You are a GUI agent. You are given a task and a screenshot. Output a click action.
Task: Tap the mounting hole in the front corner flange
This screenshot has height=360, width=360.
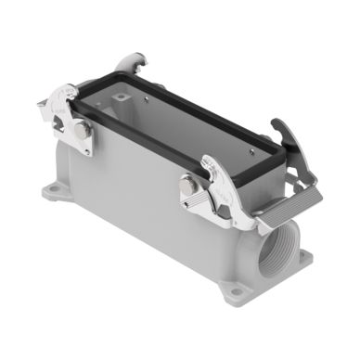click(x=238, y=291)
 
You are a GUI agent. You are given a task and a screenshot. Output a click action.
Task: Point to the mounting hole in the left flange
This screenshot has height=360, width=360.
click(x=53, y=194)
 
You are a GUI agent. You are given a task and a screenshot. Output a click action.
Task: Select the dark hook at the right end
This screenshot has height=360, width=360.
click(x=280, y=134)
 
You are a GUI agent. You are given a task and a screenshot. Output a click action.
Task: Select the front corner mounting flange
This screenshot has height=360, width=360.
click(x=236, y=287)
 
